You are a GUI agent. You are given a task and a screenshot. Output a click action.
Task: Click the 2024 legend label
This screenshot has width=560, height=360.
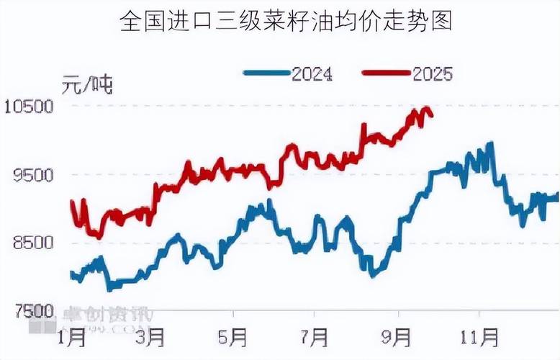(x=312, y=73)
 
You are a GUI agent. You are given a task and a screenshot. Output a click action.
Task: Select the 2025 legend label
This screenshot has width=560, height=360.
(x=432, y=73)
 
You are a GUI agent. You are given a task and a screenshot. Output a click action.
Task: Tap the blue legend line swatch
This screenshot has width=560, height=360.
(x=267, y=73)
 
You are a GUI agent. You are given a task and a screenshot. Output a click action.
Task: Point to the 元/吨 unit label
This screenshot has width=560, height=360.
(x=87, y=84)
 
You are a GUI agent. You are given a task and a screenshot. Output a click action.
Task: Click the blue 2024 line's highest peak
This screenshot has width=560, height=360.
(x=491, y=143)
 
